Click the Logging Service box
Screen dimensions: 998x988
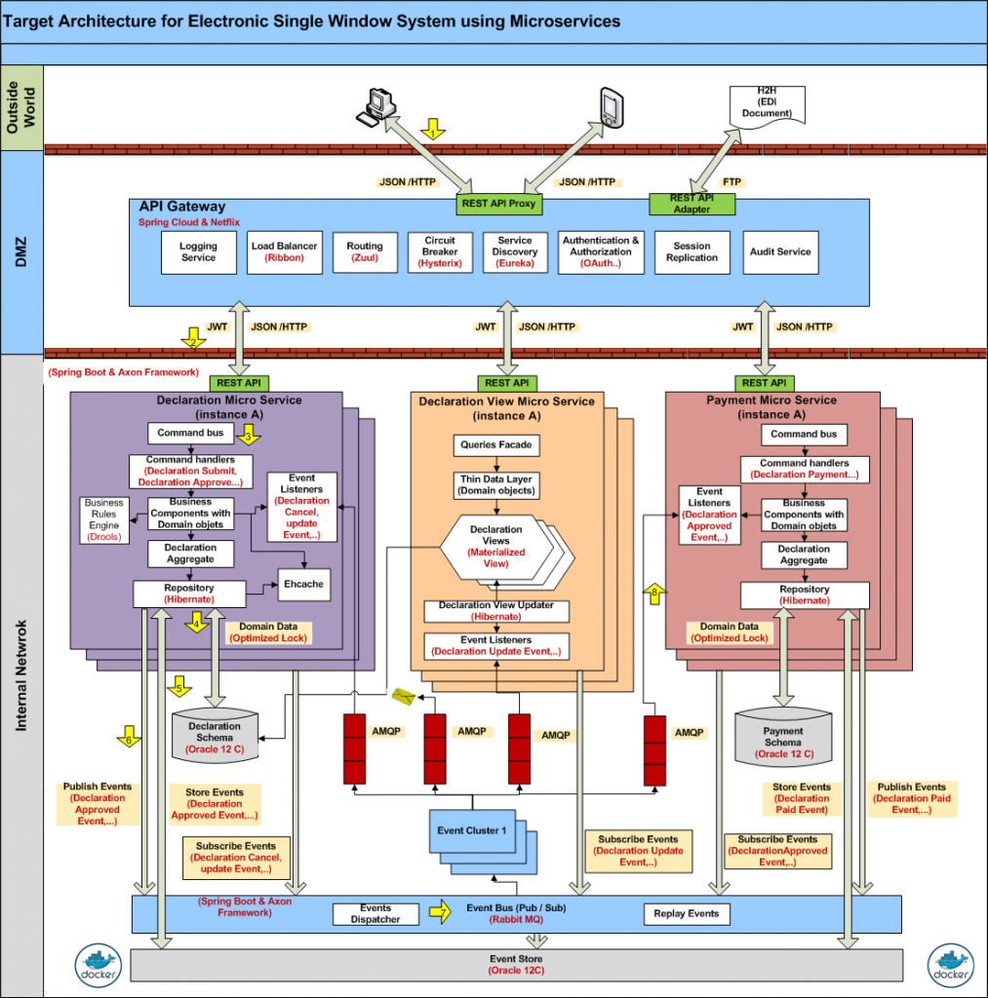point(198,251)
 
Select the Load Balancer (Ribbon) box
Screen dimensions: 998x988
point(284,251)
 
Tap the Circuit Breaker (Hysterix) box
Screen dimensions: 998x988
point(440,251)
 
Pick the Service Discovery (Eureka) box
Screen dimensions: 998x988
point(514,251)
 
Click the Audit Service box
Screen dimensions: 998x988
point(780,251)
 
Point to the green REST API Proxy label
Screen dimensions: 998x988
point(499,205)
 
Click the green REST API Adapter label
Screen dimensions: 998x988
point(692,204)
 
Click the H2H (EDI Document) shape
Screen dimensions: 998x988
point(767,105)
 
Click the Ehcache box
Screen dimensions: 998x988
point(304,584)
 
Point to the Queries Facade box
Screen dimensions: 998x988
point(496,445)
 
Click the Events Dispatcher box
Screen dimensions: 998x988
point(375,914)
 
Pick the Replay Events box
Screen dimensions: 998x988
point(687,913)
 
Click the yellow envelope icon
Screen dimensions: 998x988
point(404,696)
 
